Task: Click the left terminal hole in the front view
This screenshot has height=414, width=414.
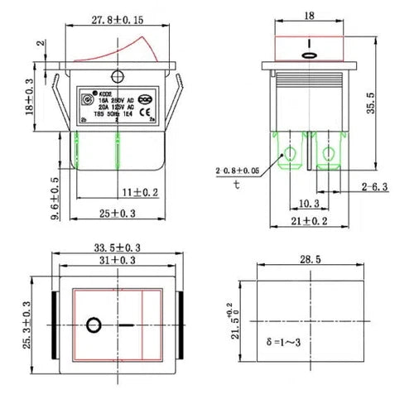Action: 290,153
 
